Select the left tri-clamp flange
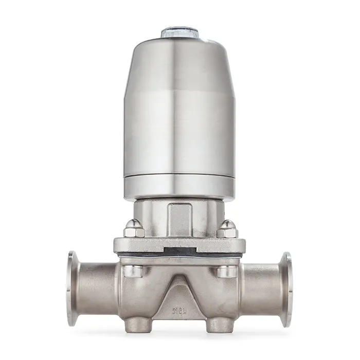[x=73, y=289]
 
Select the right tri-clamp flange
[x=286, y=289]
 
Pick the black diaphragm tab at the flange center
[x=179, y=252]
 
